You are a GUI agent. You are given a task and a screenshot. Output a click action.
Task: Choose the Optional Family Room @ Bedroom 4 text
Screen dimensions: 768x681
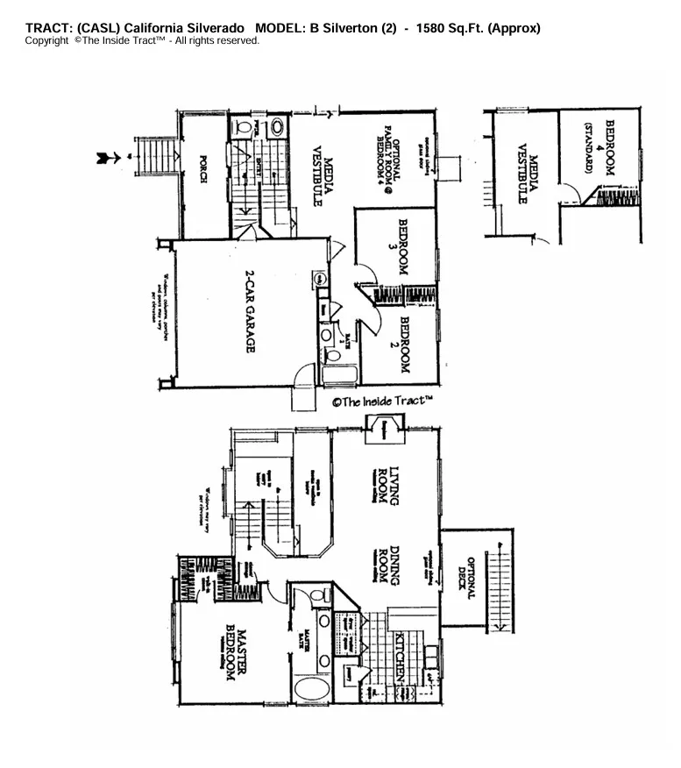click(x=388, y=159)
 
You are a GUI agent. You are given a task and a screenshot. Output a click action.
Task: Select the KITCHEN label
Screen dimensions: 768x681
click(x=399, y=657)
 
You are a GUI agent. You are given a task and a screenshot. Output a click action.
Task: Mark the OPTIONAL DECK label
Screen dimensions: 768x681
click(x=465, y=580)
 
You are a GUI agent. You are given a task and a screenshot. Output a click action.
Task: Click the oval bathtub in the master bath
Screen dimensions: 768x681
click(x=310, y=688)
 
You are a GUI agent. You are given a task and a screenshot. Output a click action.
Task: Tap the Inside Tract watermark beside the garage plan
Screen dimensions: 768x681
click(x=382, y=402)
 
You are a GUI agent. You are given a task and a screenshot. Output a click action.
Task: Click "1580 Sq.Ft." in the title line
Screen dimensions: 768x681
click(x=444, y=28)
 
